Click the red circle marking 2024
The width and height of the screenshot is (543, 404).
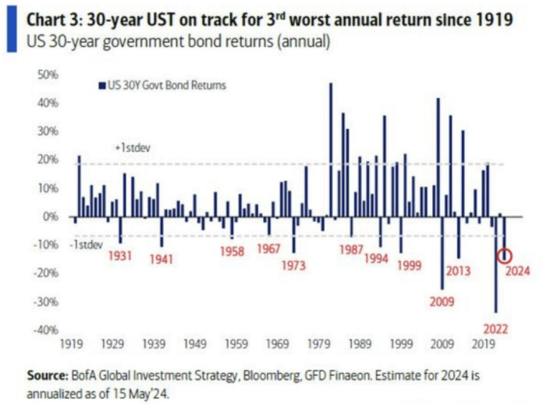click(506, 256)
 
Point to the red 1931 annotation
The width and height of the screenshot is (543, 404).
click(121, 256)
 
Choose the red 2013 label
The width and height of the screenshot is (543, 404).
click(458, 270)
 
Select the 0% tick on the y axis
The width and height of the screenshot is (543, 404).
click(52, 216)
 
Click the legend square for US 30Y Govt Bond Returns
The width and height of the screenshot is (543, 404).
click(101, 85)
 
